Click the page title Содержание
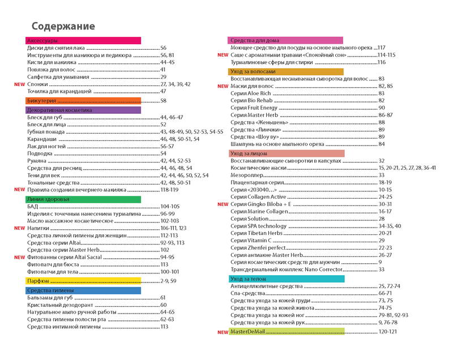pos(63,27)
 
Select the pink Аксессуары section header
pos(83,41)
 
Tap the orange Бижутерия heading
pos(83,100)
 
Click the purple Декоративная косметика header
pos(83,110)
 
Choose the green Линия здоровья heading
pos(83,199)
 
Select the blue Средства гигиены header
pos(83,290)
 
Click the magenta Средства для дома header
pos(287,40)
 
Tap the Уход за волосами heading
pos(287,72)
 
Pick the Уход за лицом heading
pos(287,153)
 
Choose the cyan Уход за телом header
pos(287,279)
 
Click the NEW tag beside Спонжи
pos(19,84)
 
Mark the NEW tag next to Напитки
pos(19,228)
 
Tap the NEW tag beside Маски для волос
pos(223,86)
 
